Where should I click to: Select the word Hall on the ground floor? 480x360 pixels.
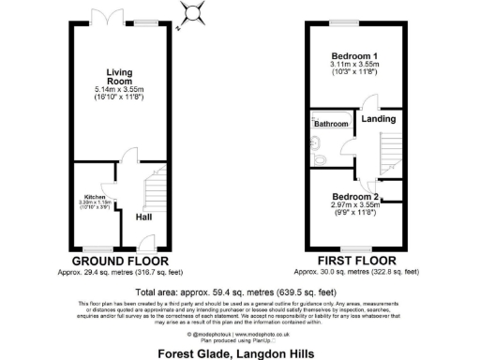coord(143,217)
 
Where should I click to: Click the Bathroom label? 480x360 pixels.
coord(331,124)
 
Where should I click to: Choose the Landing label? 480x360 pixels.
coord(378,118)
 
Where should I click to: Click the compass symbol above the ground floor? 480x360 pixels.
coord(194,13)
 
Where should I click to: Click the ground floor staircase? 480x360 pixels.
coord(149,192)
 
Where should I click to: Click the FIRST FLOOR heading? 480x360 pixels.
coord(355,260)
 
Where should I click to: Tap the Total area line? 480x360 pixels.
coord(239,291)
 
